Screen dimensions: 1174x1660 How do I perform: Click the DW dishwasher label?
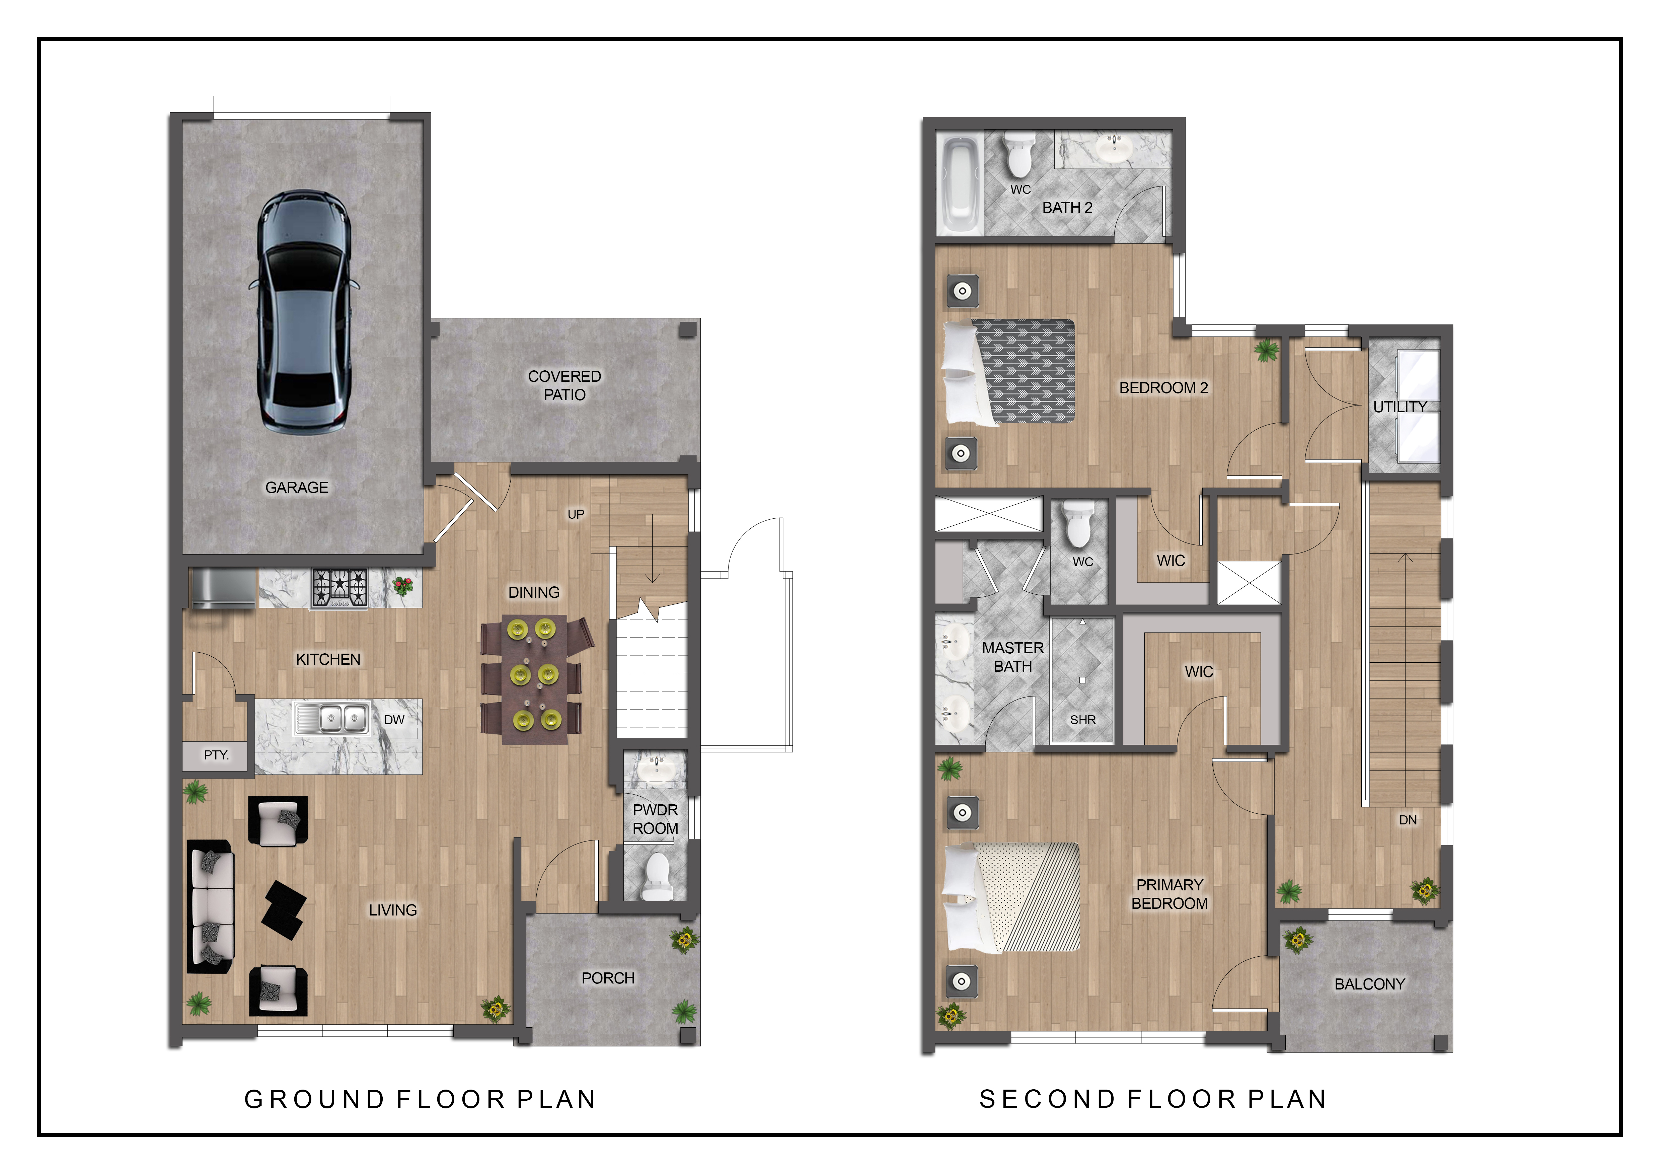394,720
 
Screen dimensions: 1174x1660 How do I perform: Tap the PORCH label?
608,978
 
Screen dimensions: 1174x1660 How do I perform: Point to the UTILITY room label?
1400,407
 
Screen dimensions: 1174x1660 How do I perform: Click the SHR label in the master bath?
1082,720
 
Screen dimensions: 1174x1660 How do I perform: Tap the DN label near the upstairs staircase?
1408,820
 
